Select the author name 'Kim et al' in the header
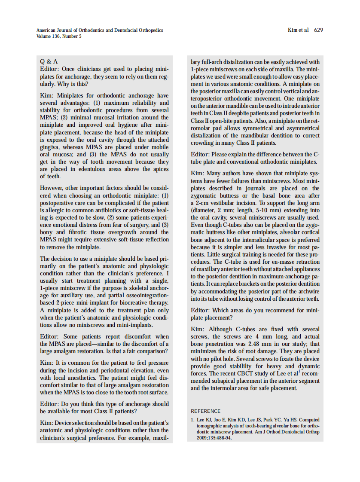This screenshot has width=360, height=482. point(298,30)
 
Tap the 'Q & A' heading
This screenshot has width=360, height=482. point(49,61)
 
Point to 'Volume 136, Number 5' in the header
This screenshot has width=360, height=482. point(59,36)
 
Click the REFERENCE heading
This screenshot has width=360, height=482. point(205,411)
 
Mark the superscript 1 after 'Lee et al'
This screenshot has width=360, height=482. point(299,372)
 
